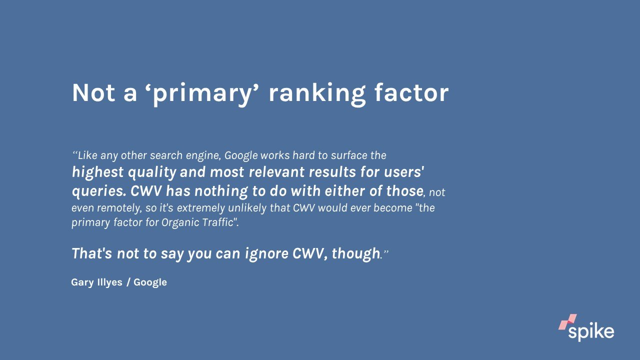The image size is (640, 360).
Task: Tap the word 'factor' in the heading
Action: coord(411,92)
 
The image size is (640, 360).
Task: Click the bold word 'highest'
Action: coord(97,172)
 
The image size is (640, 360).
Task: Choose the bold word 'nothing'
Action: coord(221,191)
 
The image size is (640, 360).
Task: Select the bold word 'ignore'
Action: coord(266,253)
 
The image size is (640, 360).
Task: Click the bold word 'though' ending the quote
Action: coord(355,253)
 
